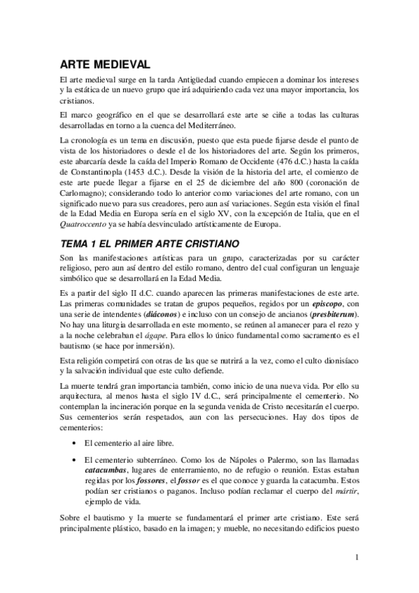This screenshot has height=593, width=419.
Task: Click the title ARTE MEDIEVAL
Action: click(104, 64)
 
